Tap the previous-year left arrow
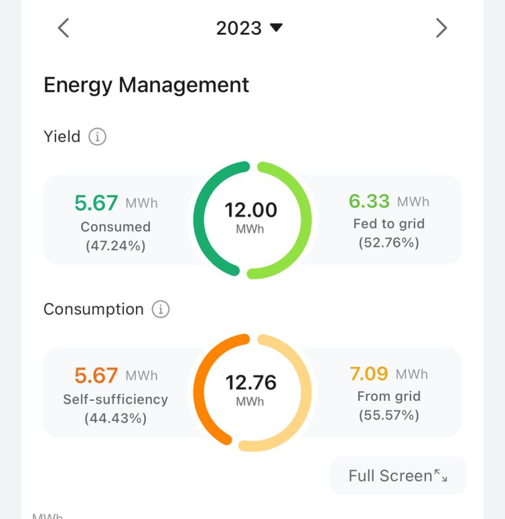63,28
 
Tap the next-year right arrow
442,28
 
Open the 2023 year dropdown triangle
276,28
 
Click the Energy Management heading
146,85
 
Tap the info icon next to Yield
97,136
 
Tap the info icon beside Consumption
160,309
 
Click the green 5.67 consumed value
96,202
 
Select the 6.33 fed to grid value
369,201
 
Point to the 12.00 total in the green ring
251,210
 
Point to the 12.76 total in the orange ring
251,382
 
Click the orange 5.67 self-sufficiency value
96,375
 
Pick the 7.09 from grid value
368,374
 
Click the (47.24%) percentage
115,246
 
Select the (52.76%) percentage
389,243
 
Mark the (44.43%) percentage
115,418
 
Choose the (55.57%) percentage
389,415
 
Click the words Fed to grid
389,224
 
